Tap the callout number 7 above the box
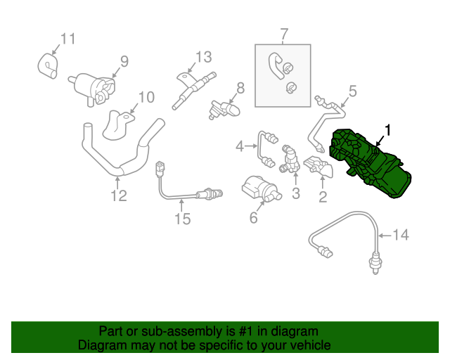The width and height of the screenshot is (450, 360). [x=283, y=34]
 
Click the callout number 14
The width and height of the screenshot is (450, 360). [x=399, y=235]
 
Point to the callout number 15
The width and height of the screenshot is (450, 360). [x=182, y=220]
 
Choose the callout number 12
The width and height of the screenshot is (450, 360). [x=119, y=195]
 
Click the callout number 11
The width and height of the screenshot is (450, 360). [x=67, y=38]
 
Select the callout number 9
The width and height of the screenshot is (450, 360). [x=124, y=61]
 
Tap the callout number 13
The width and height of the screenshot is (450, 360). [x=203, y=56]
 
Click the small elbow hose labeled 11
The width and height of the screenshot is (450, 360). [x=47, y=65]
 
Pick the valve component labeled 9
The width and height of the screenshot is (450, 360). [x=91, y=86]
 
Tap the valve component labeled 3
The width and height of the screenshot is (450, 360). [x=291, y=160]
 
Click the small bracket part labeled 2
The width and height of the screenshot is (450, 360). [x=321, y=169]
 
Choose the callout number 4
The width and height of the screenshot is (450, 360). [x=240, y=146]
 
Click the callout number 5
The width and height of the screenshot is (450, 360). [x=352, y=90]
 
